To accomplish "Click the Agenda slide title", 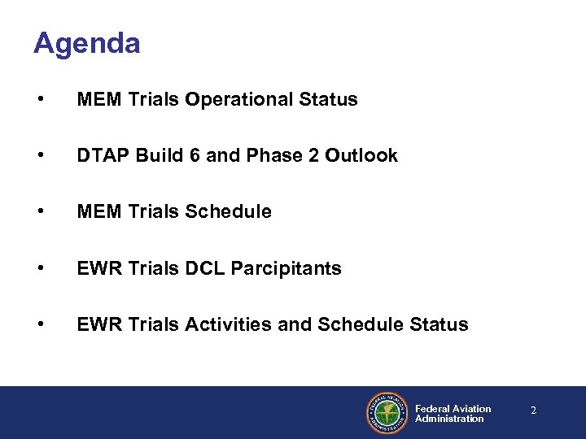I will point(86,43).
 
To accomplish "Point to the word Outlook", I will point(361,156).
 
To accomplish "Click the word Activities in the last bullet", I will point(232,325).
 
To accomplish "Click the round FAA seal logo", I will point(387,413).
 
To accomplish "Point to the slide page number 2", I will point(533,411).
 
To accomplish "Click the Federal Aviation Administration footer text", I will point(453,414).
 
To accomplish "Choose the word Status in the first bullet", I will point(329,100).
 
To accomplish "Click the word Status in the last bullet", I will point(439,325).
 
